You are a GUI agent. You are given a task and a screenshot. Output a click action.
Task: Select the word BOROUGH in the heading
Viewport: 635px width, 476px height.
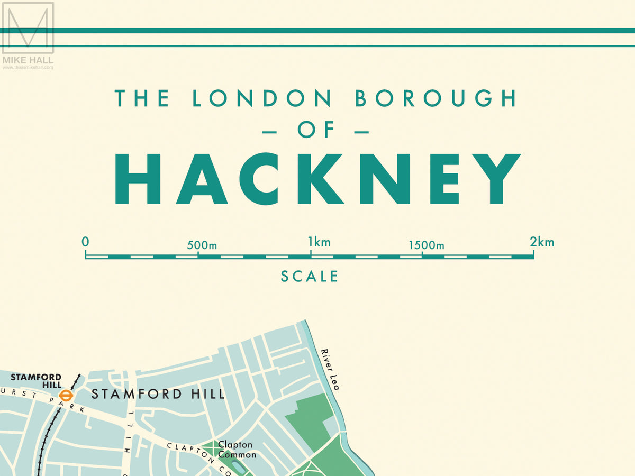coord(436,98)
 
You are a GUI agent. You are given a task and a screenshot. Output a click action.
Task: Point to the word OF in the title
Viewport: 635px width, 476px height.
coord(316,130)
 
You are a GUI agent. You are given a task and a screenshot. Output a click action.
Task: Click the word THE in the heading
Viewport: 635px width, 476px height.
coord(142,98)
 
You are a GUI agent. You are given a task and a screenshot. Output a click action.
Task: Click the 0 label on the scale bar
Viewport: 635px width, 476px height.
coord(85,242)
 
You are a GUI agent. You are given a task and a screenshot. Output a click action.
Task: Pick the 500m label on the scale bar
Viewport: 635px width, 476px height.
coord(202,245)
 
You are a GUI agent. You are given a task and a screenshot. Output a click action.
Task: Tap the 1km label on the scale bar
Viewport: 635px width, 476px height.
coord(319,243)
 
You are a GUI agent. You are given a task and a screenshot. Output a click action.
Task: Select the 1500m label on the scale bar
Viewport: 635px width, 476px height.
coord(426,245)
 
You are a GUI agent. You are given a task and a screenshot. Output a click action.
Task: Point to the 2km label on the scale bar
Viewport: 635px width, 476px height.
coord(542,242)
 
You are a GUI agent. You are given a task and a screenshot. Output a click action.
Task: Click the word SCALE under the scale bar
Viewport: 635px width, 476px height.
coord(310,276)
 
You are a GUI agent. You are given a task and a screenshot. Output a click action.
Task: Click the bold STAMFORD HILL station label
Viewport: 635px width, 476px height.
coord(36,381)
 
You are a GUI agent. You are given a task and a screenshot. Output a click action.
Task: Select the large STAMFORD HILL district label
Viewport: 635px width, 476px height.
coord(158,394)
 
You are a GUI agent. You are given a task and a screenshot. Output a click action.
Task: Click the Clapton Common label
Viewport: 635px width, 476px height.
coord(237,450)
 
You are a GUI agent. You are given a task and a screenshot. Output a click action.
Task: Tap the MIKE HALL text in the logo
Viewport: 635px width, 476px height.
coord(28,60)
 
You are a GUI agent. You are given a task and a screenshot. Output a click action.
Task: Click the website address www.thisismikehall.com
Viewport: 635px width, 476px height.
coord(28,68)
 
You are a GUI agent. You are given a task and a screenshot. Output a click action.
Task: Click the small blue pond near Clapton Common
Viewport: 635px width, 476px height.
coord(239,467)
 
